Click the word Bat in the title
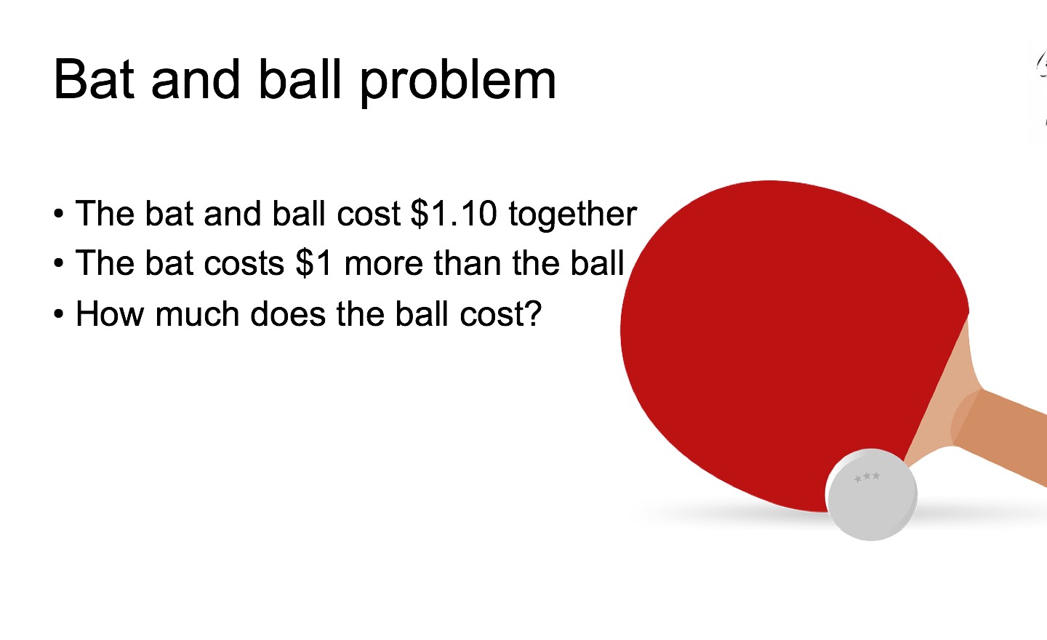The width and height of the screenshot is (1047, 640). coord(94,79)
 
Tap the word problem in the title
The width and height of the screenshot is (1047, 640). coord(457,82)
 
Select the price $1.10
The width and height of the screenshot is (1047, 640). coord(453,214)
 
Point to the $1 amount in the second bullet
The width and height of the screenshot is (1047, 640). coord(313,263)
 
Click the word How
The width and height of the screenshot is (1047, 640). coord(110,313)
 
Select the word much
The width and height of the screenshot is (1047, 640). coord(198,313)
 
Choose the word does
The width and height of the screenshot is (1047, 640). coord(288,313)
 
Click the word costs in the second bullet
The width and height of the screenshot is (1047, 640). coord(244,265)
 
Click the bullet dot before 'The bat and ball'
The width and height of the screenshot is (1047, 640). coord(58,214)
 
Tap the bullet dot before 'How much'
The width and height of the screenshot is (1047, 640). coord(58,314)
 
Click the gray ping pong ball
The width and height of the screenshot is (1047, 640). coord(871,495)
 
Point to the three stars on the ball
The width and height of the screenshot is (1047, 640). coord(867,477)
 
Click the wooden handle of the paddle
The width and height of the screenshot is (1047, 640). coord(1000,430)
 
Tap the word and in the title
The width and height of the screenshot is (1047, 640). coord(196,79)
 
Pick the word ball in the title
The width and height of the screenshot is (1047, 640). coord(300,79)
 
